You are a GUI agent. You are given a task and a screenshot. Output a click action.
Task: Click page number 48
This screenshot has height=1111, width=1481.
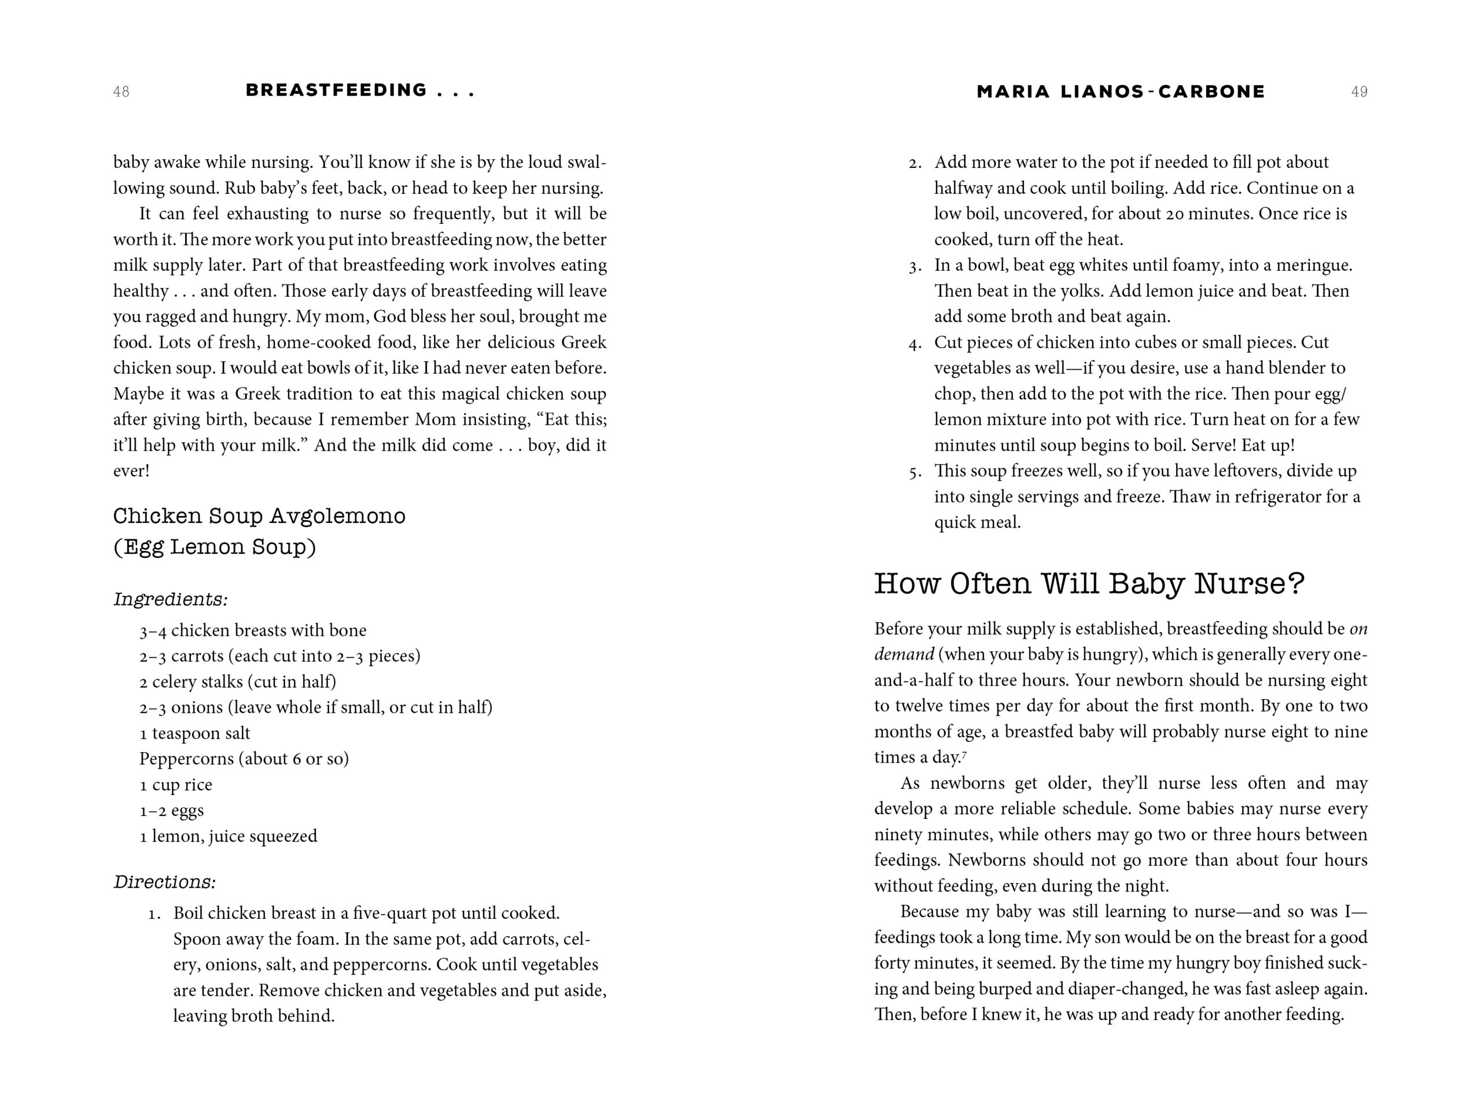point(121,92)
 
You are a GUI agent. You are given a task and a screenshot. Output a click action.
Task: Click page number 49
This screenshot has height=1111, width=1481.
point(1358,92)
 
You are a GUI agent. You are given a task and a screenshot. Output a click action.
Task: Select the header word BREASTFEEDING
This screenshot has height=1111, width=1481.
point(336,90)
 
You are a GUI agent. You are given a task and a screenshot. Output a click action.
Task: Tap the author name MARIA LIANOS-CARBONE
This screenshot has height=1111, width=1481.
point(1120,92)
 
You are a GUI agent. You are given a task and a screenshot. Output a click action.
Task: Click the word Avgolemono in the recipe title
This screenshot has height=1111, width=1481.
point(337,516)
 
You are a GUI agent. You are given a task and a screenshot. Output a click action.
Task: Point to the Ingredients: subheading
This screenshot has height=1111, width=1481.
point(170,599)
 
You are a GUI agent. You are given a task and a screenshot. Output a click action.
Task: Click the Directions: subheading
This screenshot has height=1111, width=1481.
point(165,882)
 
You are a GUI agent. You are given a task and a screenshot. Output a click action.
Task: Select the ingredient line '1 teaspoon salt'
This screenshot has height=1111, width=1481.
point(194,733)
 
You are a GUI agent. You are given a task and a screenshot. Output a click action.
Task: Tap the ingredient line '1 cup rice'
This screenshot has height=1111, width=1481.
point(175,785)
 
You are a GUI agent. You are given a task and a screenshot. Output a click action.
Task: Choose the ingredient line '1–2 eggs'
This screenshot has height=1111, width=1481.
point(171,810)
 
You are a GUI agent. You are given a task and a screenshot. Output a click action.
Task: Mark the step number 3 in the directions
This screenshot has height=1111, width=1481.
point(915,267)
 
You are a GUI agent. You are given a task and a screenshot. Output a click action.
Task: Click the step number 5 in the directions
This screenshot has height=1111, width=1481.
point(915,472)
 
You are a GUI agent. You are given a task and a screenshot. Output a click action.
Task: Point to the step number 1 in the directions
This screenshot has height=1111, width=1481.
point(153,914)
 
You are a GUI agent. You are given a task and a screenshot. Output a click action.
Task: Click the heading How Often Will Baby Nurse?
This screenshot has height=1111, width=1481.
point(1089,584)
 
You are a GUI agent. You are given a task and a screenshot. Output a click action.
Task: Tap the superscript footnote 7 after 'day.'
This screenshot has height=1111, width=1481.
point(964,755)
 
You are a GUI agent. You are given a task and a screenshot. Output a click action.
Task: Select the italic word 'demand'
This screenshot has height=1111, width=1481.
point(904,654)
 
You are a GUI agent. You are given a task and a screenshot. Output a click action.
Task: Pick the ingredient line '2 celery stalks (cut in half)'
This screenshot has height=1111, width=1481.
point(238,682)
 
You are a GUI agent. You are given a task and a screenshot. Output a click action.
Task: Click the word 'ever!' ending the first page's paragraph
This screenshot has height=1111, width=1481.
point(131,471)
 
